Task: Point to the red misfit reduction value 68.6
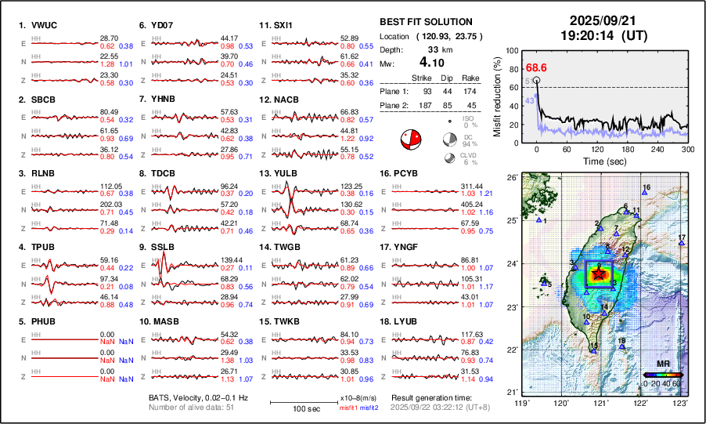pyautogui.click(x=536, y=68)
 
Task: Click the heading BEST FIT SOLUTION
pyautogui.click(x=425, y=22)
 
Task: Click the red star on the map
pyautogui.click(x=600, y=274)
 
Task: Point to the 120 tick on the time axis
pyautogui.click(x=597, y=150)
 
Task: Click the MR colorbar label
pyautogui.click(x=663, y=365)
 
